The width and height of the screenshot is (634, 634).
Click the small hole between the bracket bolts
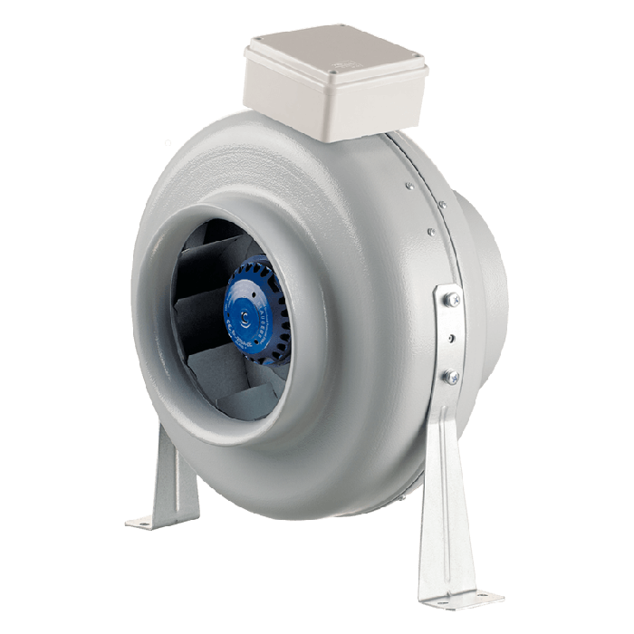click(449, 339)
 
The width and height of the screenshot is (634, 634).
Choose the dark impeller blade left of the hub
click(204, 308)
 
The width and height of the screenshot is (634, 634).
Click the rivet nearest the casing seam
click(409, 187)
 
